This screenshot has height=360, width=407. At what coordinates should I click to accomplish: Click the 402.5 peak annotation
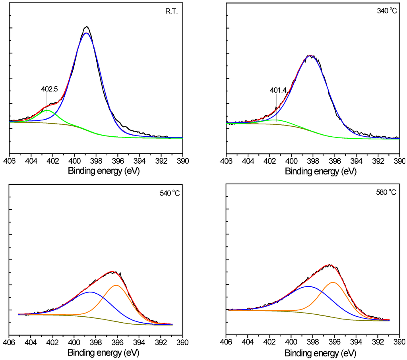click(x=49, y=89)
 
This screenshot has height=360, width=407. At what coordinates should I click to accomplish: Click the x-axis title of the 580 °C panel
click(x=321, y=352)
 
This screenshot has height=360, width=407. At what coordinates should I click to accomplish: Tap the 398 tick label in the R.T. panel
click(x=96, y=161)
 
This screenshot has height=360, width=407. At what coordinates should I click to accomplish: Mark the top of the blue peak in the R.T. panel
click(x=86, y=33)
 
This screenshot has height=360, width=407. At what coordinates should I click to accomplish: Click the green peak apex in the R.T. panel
click(x=47, y=110)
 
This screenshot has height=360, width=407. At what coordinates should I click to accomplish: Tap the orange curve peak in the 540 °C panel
click(x=116, y=285)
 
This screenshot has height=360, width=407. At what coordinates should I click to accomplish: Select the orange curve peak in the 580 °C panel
click(x=333, y=283)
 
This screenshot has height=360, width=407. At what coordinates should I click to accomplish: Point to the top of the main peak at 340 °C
click(x=310, y=56)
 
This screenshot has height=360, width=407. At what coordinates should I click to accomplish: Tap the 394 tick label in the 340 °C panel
click(x=356, y=161)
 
